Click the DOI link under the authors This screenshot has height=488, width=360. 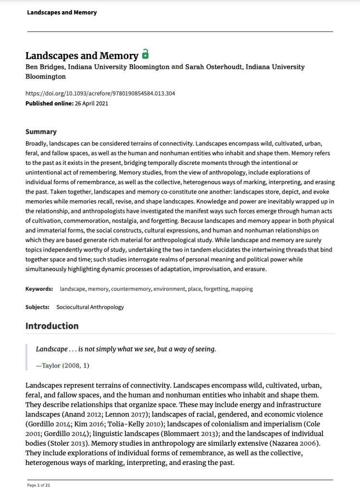(100, 93)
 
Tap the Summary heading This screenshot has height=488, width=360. (41, 132)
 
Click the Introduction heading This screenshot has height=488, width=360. (52, 325)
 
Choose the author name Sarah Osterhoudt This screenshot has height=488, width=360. (213, 67)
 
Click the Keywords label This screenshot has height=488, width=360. (39, 289)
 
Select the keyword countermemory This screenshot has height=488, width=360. (133, 289)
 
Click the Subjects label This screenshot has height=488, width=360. (37, 307)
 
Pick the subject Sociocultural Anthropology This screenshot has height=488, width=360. (90, 307)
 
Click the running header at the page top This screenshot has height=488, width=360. (62, 13)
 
